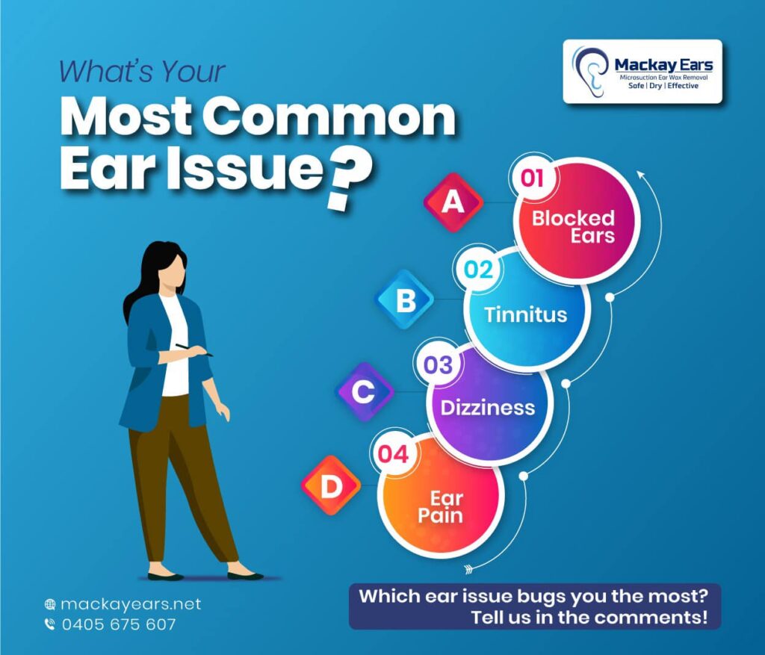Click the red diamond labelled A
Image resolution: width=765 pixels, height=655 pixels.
point(453,202)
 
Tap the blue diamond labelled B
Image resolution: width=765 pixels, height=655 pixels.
point(404,299)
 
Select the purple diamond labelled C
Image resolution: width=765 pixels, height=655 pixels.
point(365,391)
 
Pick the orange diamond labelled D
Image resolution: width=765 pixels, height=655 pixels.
point(331,485)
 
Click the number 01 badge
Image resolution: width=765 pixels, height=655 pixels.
point(532,179)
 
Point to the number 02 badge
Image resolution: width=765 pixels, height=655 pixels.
point(478,270)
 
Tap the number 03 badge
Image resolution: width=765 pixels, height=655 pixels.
point(438,365)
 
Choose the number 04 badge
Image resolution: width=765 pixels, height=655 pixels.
point(393,455)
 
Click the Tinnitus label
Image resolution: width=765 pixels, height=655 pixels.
point(525,314)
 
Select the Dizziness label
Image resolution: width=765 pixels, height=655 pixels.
point(487,408)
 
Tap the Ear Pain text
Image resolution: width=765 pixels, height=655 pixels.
point(441,507)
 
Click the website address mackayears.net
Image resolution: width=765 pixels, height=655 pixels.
point(131,604)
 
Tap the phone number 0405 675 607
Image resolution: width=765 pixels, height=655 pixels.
point(119,624)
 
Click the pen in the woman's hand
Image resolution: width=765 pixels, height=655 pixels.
point(194,350)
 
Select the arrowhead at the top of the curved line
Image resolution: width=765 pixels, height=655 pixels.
point(641,175)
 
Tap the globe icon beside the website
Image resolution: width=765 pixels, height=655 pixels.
point(50,605)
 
